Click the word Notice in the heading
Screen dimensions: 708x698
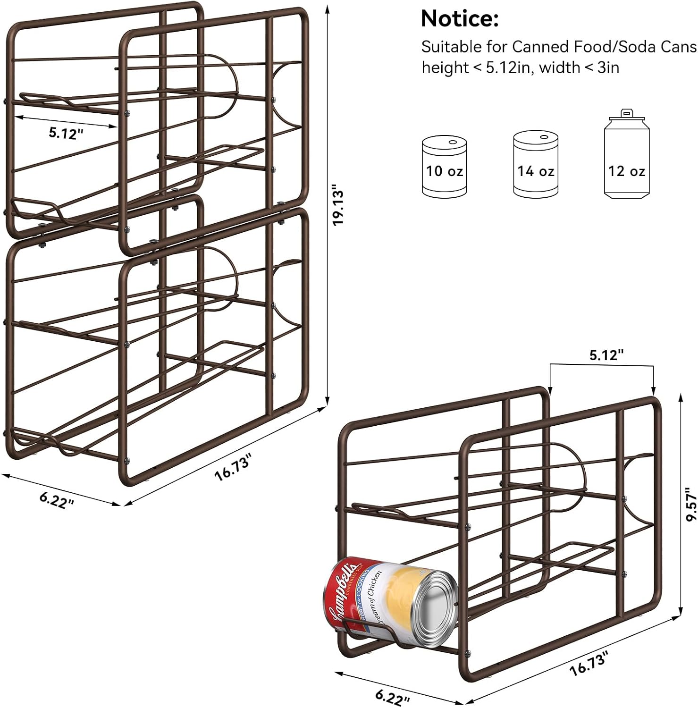point(459,19)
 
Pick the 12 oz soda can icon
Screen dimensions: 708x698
point(627,158)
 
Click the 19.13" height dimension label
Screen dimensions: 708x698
point(339,207)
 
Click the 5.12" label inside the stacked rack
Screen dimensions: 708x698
point(66,133)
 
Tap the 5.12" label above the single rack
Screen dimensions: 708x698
point(606,355)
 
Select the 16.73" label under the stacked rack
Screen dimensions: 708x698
point(234,466)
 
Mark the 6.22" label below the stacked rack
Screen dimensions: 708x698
point(57,499)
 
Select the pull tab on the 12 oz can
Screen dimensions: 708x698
point(626,113)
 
